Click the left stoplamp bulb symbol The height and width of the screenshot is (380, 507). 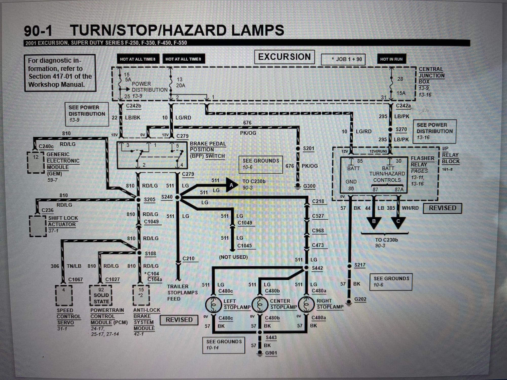pos(213,305)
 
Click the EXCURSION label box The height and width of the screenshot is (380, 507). pos(284,57)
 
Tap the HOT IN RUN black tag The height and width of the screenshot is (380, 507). pos(391,59)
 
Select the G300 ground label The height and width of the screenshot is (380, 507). pos(309,186)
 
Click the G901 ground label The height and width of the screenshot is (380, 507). pos(271,353)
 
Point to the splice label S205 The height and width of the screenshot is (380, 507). pos(150,200)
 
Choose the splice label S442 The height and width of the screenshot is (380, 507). pos(317,268)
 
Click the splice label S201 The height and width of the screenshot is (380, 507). pos(309,148)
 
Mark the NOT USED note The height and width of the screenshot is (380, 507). pos(233,257)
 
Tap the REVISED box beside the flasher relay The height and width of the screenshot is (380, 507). pos(442,208)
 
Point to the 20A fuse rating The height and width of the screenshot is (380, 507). pos(180,86)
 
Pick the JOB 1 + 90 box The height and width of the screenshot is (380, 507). pos(343,60)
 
